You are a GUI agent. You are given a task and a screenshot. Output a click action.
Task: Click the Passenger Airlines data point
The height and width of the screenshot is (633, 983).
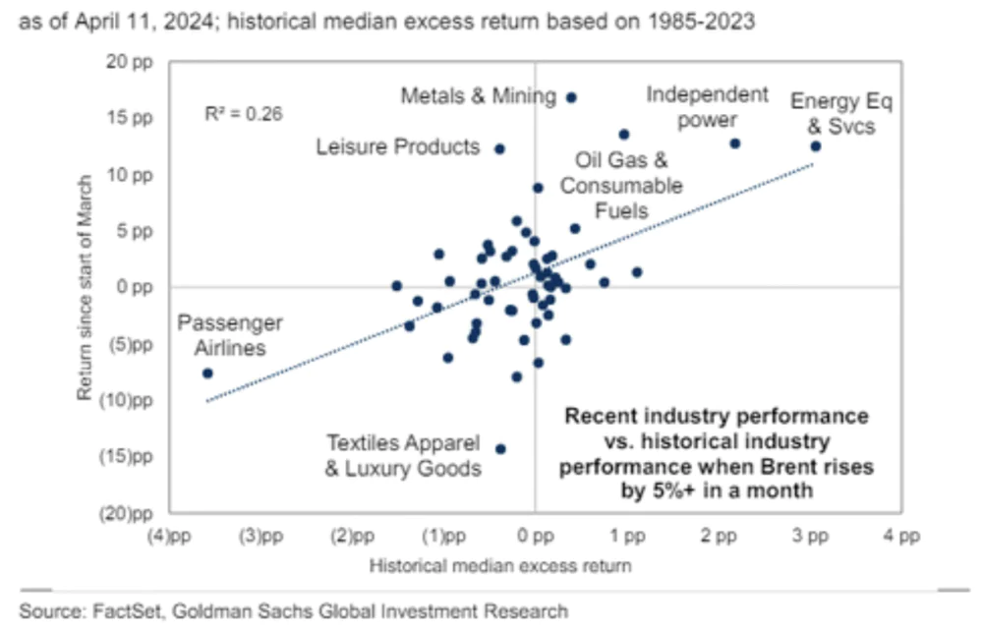(x=207, y=373)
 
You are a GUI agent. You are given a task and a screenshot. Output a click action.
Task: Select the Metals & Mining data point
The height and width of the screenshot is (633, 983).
(x=571, y=97)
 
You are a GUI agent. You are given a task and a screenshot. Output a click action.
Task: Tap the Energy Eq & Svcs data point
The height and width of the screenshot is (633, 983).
(x=815, y=145)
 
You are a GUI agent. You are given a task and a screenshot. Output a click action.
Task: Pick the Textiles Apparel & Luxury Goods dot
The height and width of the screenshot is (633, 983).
(x=500, y=448)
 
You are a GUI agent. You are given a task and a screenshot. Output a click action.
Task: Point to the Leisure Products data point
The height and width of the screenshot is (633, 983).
(x=499, y=148)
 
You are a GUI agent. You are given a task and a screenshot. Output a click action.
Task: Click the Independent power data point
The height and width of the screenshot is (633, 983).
(x=734, y=144)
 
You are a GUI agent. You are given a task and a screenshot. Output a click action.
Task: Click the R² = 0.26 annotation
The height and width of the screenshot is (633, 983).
(x=244, y=114)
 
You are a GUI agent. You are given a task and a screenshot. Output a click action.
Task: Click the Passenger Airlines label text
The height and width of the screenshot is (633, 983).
(x=230, y=335)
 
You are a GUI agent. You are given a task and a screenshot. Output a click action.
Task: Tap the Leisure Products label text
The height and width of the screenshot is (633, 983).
(x=397, y=147)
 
